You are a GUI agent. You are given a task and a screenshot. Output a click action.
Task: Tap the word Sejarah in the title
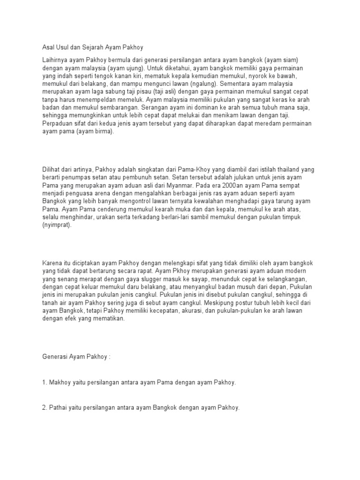(94, 47)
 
